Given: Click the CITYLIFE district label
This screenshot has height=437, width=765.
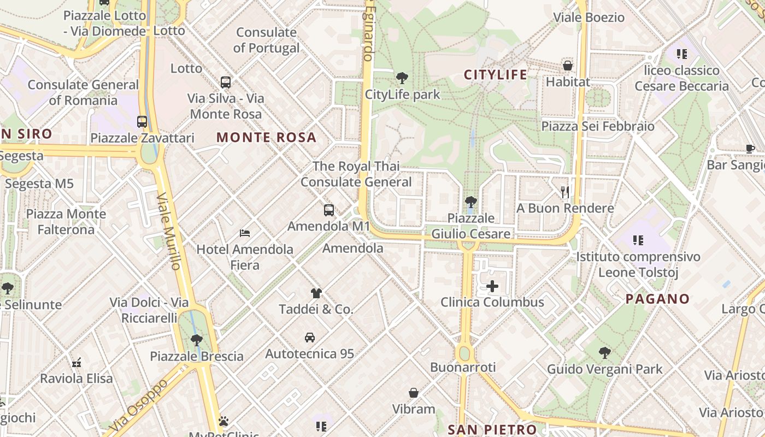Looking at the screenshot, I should click(x=496, y=75).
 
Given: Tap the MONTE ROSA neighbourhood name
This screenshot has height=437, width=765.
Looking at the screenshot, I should click(x=266, y=138).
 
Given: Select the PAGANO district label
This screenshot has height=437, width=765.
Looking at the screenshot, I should click(x=657, y=299).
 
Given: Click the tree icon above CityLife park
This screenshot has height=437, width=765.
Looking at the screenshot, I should click(x=402, y=78).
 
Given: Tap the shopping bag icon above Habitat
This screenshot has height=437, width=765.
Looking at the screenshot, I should click(x=568, y=66).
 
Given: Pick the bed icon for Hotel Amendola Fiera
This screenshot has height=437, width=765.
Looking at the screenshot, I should click(x=245, y=233).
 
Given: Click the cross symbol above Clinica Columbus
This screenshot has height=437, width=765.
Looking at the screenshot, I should click(x=492, y=286).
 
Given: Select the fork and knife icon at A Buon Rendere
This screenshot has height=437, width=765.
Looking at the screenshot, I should click(x=565, y=192).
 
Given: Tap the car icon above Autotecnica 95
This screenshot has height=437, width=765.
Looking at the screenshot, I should click(x=310, y=338).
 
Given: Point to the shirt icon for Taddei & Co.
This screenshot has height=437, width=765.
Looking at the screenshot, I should click(x=316, y=293).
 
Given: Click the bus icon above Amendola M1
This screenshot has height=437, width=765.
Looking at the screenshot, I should click(x=329, y=210).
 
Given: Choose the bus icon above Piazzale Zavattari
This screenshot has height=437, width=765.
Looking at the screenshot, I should click(x=142, y=121).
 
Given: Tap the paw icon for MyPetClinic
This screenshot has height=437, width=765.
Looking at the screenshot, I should click(x=223, y=421).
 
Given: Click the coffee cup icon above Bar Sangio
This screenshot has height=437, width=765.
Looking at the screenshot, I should click(x=750, y=149).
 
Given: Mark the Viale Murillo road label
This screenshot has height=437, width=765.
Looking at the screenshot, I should click(x=168, y=232).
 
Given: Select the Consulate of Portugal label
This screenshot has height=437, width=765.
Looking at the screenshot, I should click(x=266, y=40).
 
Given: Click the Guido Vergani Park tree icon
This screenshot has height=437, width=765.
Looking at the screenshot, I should click(x=604, y=353).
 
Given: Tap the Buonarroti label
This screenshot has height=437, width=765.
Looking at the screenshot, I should click(x=463, y=367).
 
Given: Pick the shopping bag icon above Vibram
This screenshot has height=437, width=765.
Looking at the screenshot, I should click(x=414, y=393).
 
